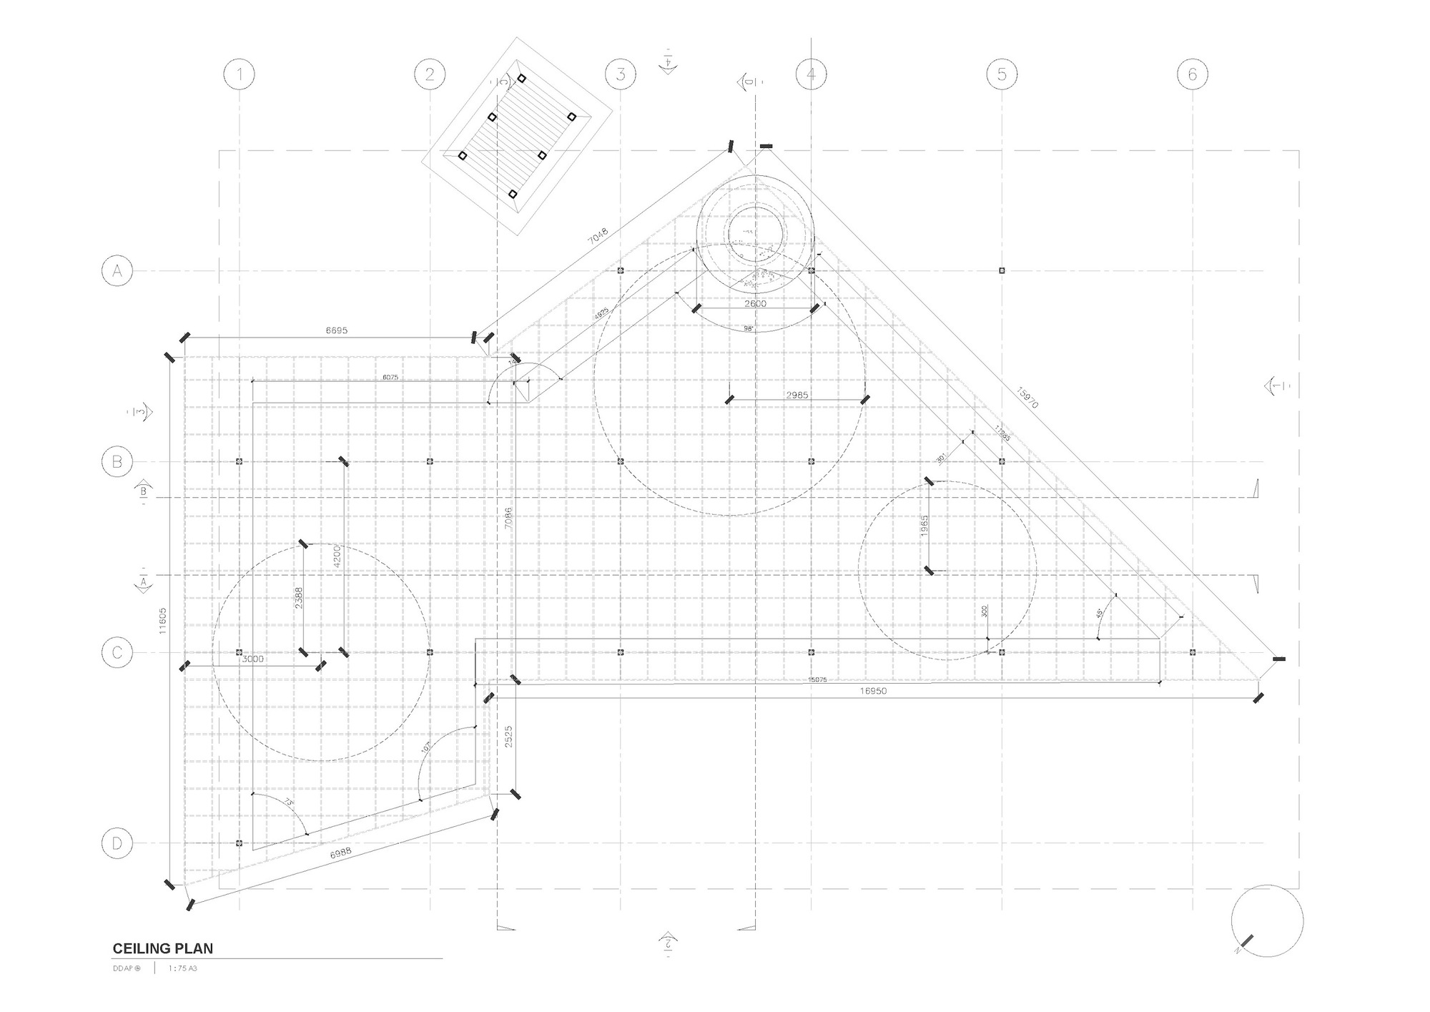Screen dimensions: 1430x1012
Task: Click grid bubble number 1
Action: pyautogui.click(x=240, y=74)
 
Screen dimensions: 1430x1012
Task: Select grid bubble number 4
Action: pyautogui.click(x=811, y=74)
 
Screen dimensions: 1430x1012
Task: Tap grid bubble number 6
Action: pyautogui.click(x=1192, y=74)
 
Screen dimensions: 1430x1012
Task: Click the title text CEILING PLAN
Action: pyautogui.click(x=163, y=949)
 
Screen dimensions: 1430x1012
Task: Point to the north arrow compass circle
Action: pyautogui.click(x=1267, y=921)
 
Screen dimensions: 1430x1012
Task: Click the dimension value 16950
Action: pyautogui.click(x=873, y=691)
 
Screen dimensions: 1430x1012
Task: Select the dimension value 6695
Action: pyautogui.click(x=336, y=330)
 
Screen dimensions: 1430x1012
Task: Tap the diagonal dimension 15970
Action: pyautogui.click(x=1027, y=398)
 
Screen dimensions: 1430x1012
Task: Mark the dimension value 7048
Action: pyautogui.click(x=598, y=237)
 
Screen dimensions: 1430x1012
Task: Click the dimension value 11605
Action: pyautogui.click(x=163, y=621)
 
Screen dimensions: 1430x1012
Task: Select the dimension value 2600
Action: pyautogui.click(x=755, y=303)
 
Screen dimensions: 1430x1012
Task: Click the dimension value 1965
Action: pyautogui.click(x=924, y=526)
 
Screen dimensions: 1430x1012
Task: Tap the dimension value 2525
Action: pyautogui.click(x=508, y=737)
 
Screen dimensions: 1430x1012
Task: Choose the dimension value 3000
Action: pyautogui.click(x=252, y=659)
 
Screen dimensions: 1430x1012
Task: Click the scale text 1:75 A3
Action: pyautogui.click(x=182, y=968)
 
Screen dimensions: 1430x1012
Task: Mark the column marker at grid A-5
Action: pyautogui.click(x=1002, y=270)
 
